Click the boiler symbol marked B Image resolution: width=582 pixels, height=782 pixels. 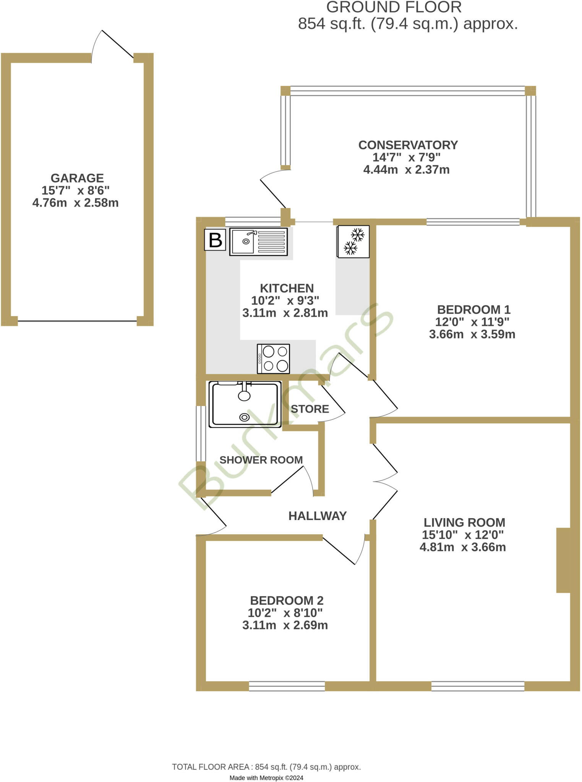pos(215,240)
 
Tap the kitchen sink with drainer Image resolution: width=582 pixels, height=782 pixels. pos(258,242)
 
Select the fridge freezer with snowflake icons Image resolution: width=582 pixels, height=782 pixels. pos(353,241)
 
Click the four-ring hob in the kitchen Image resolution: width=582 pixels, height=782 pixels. pos(273,359)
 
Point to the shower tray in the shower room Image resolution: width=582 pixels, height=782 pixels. pos(245,404)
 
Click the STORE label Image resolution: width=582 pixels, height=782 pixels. pos(310,409)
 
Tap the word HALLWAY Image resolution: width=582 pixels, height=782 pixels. pos(317,516)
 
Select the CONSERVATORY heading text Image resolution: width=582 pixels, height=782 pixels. pos(408,145)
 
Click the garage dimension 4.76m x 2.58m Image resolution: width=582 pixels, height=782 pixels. pos(75,203)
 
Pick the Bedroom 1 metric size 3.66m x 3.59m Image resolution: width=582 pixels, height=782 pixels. pos(472,334)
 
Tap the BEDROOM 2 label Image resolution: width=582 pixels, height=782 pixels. pos(287,601)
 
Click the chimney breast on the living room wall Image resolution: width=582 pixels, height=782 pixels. pos(563,560)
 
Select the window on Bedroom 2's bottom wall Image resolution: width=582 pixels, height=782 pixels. pos(287,686)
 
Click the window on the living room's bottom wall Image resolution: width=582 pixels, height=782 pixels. pos(478,686)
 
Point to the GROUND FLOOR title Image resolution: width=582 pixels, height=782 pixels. pos(394,8)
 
